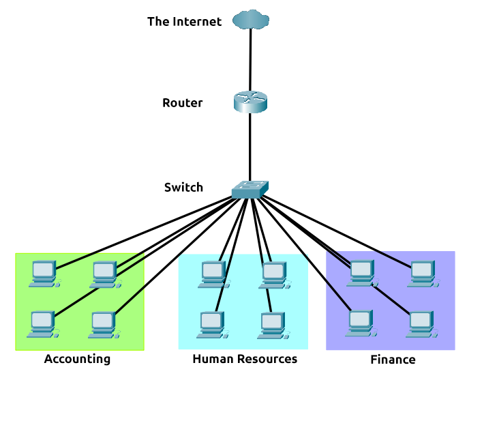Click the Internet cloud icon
(250, 20)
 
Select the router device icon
(250, 102)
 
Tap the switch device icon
(250, 189)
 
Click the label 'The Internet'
(184, 22)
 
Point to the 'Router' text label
(182, 103)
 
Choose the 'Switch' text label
(183, 187)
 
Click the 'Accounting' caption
(77, 359)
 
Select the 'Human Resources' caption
(245, 359)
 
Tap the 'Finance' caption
(393, 360)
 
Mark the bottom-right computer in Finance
(420, 324)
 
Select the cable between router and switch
(250, 147)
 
